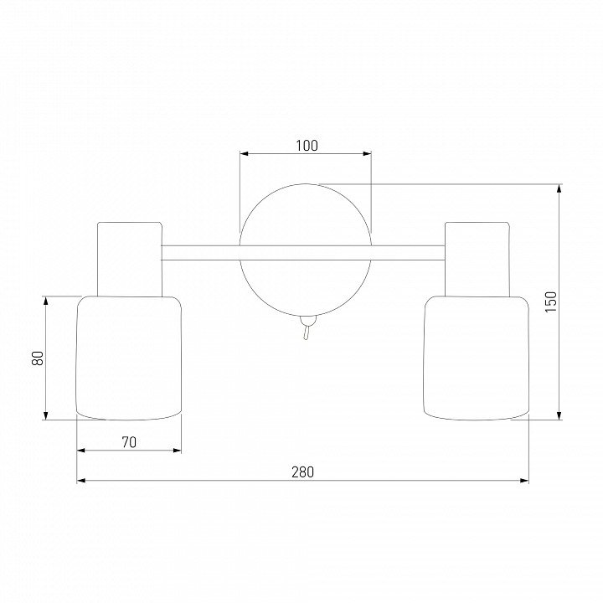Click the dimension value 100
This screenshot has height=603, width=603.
[307, 146]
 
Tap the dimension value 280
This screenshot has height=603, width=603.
[302, 472]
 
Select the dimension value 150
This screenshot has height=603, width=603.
[551, 301]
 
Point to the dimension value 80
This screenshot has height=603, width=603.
[38, 358]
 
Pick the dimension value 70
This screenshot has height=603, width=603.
[129, 443]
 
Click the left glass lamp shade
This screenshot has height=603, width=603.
[129, 358]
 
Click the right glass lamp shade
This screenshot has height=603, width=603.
[476, 358]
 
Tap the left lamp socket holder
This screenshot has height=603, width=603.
[130, 259]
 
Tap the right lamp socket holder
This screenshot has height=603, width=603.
[477, 259]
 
